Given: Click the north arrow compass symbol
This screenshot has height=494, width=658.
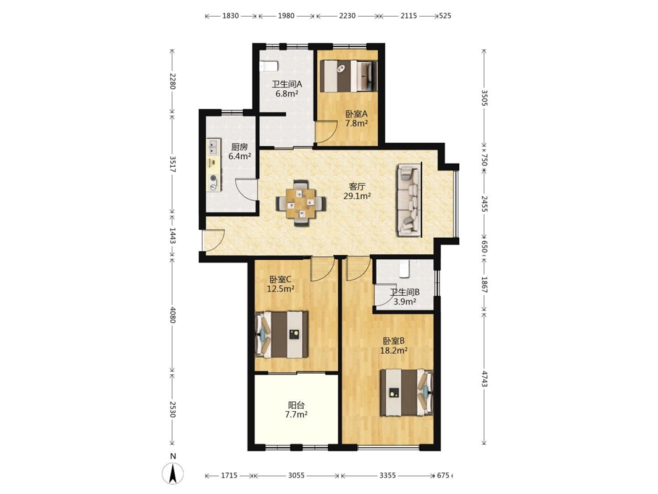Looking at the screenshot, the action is tap(173, 474).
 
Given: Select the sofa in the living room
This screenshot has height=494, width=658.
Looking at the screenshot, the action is tap(409, 200).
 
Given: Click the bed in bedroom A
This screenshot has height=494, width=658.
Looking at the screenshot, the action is tap(349, 76).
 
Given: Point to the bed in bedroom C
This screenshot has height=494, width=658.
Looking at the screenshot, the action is tap(281, 334).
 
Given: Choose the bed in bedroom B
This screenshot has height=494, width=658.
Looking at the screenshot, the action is tap(407, 393).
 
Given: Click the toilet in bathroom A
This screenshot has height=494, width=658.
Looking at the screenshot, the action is tap(269, 66).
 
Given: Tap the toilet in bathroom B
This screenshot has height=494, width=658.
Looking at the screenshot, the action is tap(404, 269).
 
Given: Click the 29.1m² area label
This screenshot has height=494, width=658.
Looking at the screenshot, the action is tap(357, 196).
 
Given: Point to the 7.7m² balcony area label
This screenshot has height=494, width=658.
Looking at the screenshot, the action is tap(296, 415).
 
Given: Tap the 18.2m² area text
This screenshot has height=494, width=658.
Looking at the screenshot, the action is tap(394, 351).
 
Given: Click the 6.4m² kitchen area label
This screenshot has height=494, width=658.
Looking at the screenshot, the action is tap(239, 157).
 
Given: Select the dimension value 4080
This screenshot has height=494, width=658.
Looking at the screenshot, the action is tap(172, 314).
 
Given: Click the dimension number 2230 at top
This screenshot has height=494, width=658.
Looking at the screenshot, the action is tap(348, 16).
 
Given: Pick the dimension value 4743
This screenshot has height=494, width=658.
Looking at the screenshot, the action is tap(485, 379).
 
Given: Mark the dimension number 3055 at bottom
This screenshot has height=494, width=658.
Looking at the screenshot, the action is tap(296, 475).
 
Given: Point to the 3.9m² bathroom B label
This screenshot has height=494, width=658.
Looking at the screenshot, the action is tap(404, 301).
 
